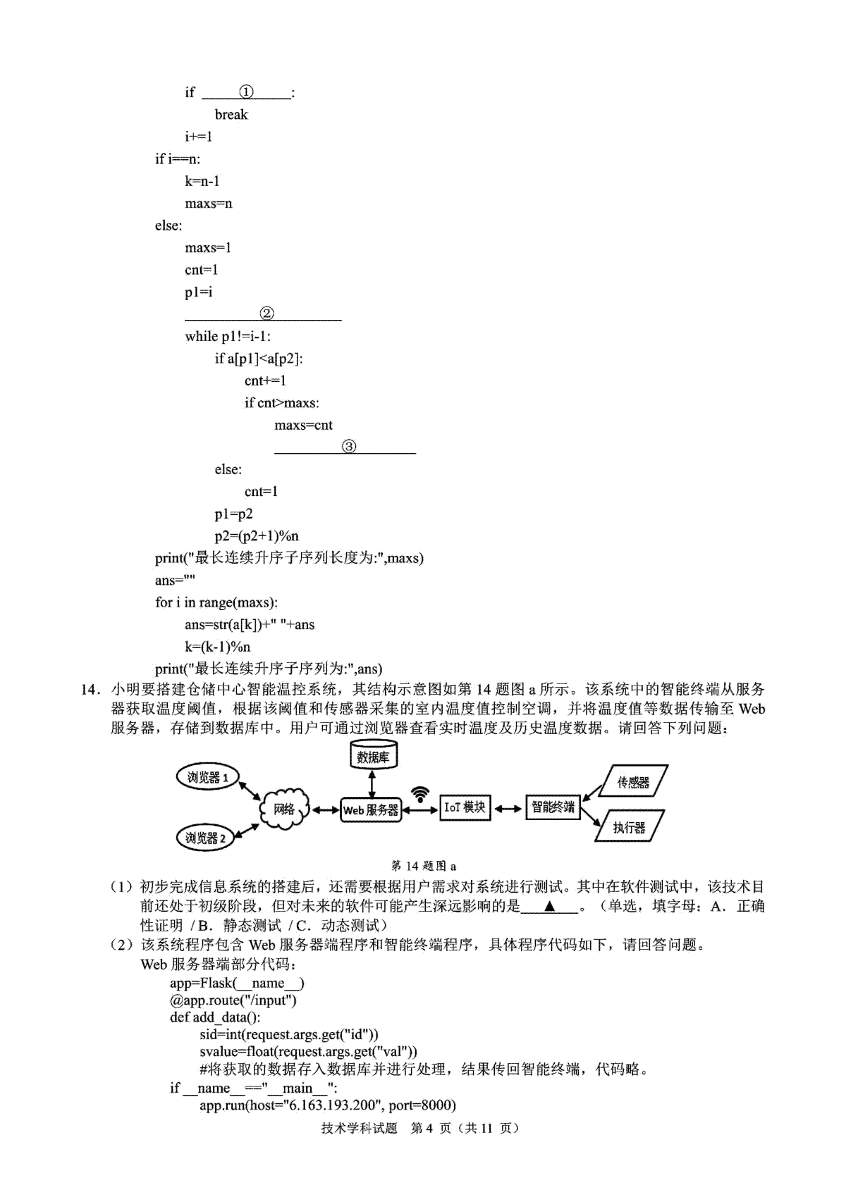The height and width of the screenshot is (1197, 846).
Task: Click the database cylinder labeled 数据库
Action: [x=373, y=755]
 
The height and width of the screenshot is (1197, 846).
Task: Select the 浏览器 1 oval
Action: [x=207, y=778]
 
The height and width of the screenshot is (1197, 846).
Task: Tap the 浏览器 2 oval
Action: [x=206, y=838]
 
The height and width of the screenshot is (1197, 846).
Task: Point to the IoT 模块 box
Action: [x=465, y=807]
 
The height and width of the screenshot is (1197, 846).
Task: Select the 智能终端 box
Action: [x=553, y=807]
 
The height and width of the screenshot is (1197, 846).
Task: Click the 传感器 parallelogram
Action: [x=633, y=781]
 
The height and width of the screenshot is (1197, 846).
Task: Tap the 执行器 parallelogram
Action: [x=630, y=826]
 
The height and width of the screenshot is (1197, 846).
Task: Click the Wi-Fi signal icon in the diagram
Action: [x=420, y=794]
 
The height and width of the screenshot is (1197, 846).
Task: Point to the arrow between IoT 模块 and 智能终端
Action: [x=508, y=809]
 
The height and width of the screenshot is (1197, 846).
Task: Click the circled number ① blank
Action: [x=246, y=92]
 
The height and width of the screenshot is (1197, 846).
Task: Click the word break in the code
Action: [x=231, y=114]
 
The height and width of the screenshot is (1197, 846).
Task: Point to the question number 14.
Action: [x=89, y=689]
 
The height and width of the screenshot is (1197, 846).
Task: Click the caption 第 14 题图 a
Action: [x=424, y=866]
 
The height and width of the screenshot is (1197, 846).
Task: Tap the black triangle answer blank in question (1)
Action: [x=549, y=906]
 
